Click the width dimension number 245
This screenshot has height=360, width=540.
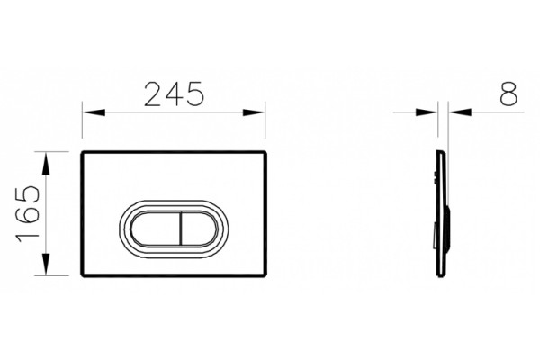(x=175, y=94)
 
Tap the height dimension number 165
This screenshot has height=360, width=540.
(x=28, y=213)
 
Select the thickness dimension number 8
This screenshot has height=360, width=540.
(x=508, y=94)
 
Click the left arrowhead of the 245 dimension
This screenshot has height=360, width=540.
(x=94, y=112)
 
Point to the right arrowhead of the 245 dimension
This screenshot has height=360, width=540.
(x=254, y=112)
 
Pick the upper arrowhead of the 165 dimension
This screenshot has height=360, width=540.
(x=46, y=163)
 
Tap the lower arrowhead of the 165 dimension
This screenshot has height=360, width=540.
(x=46, y=265)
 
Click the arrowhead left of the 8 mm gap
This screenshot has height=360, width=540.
(x=427, y=112)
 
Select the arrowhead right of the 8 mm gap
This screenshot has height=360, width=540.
(x=460, y=112)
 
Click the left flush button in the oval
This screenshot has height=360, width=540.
(x=156, y=229)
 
